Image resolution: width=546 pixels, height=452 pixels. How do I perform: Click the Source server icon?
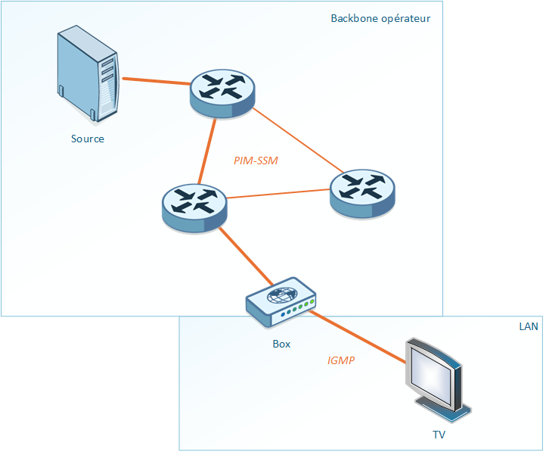pyautogui.click(x=88, y=75)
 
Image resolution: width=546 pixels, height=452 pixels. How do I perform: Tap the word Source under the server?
pyautogui.click(x=88, y=139)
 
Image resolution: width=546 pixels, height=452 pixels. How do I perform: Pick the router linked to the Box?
pyautogui.click(x=194, y=207)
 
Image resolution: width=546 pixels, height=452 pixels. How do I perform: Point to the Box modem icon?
pyautogui.click(x=281, y=302)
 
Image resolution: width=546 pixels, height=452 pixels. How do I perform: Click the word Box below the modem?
pyautogui.click(x=281, y=344)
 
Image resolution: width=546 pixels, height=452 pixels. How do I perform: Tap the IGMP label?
pyautogui.click(x=341, y=361)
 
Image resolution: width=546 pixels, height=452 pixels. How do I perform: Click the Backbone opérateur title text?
pyautogui.click(x=380, y=17)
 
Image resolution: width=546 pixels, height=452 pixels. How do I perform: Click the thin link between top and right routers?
pyautogui.click(x=295, y=140)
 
